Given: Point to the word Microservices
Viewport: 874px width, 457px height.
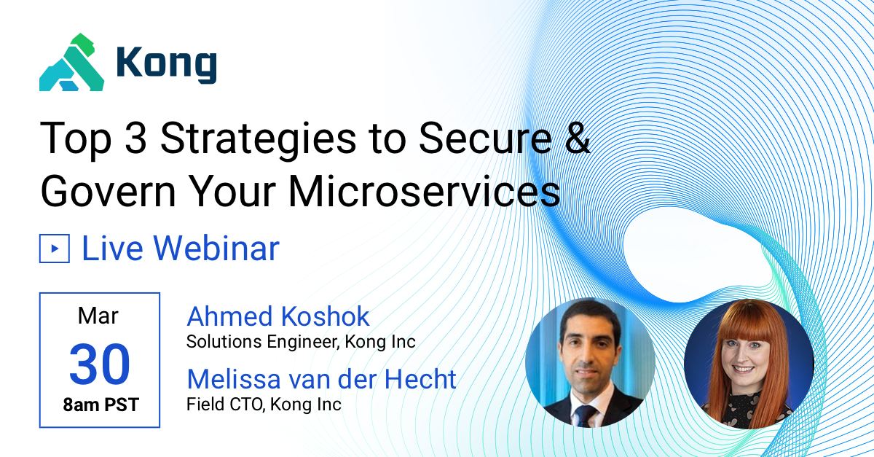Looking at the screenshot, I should (x=425, y=192).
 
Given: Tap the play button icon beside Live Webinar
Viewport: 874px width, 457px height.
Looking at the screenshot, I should (x=54, y=249).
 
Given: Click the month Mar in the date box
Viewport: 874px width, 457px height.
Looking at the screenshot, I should (x=98, y=316).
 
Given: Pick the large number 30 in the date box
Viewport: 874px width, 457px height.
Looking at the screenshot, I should (x=100, y=364).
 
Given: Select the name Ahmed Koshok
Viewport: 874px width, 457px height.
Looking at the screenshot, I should (x=278, y=316).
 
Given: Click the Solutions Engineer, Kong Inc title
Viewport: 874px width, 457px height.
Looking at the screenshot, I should (x=301, y=341).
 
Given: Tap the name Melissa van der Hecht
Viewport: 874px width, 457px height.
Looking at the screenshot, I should (x=321, y=379).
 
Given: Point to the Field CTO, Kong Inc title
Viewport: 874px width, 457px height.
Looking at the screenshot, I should (x=264, y=404).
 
